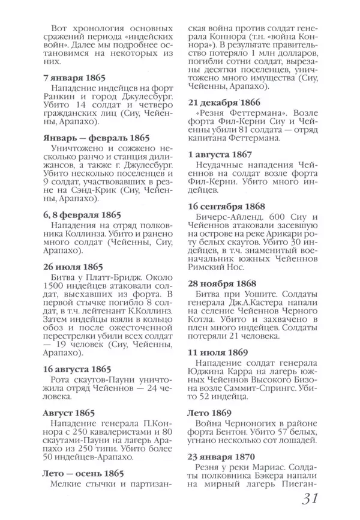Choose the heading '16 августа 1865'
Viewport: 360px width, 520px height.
pos(77,369)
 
